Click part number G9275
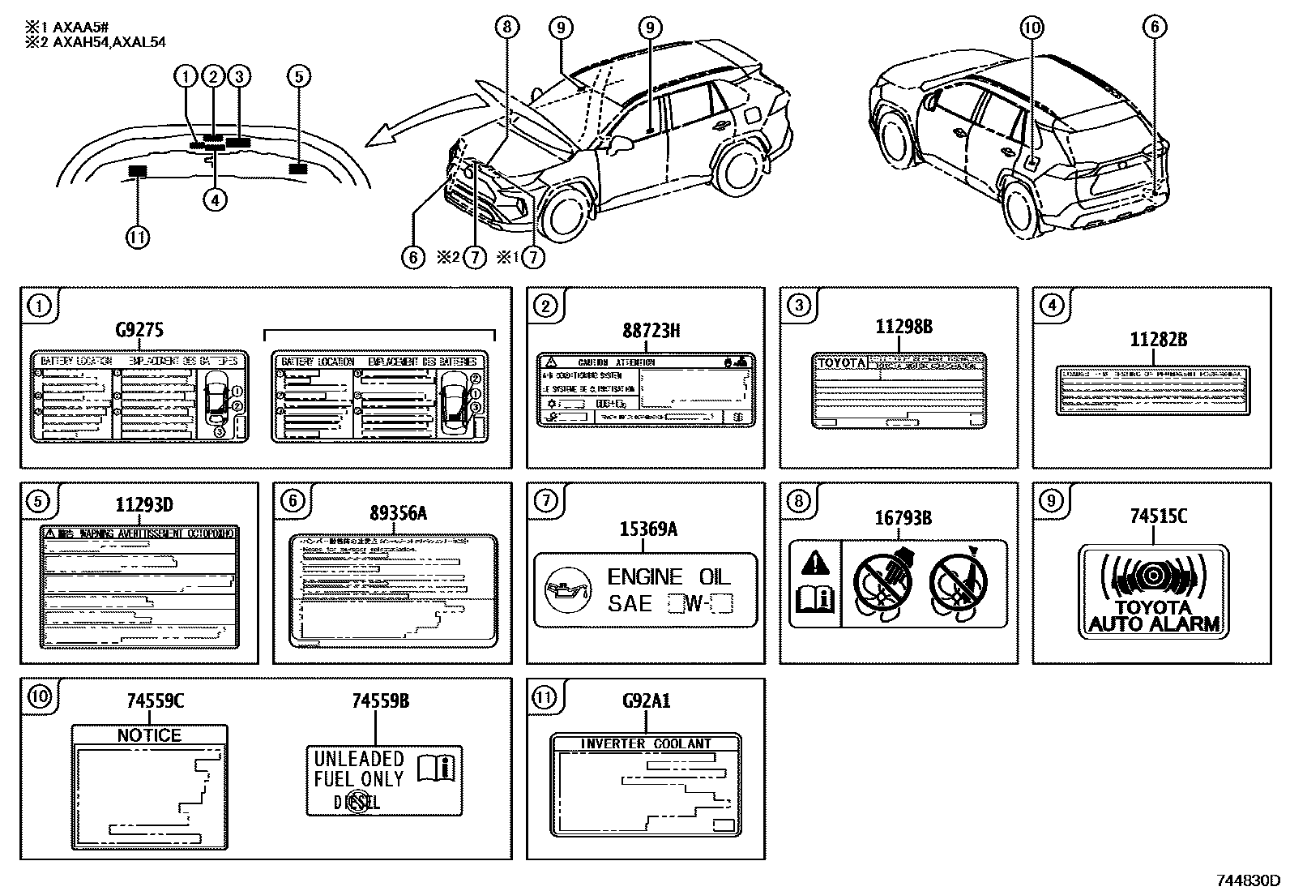(139, 329)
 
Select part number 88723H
(651, 330)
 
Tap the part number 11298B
(903, 327)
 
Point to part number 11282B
(1158, 340)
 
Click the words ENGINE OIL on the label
(668, 576)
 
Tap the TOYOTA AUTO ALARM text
(1154, 616)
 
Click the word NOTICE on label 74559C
(149, 735)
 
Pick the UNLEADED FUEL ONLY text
(358, 769)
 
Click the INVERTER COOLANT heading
(645, 743)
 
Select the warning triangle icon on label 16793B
(814, 561)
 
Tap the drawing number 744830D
(1247, 880)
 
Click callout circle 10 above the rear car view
(1031, 28)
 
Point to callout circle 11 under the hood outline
(138, 238)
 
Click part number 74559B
(380, 700)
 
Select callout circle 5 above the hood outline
(298, 76)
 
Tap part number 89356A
(398, 513)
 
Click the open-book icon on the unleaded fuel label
(438, 767)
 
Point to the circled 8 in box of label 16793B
(798, 501)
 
